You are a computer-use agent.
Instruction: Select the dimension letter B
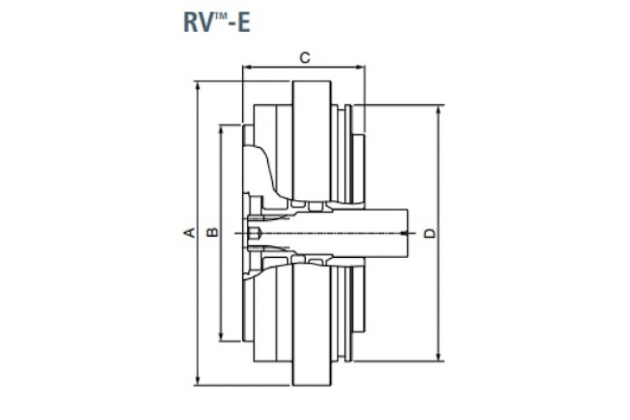213,232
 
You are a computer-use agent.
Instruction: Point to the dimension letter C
306,57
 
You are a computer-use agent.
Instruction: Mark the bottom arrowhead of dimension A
197,383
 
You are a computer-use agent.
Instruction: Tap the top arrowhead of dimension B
221,128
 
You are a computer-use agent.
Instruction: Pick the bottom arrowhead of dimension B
221,338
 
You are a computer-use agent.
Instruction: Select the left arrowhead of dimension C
244,66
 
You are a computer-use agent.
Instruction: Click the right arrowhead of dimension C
360,66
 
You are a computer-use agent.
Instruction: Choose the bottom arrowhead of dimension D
439,359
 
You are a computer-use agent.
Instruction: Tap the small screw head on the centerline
254,233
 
